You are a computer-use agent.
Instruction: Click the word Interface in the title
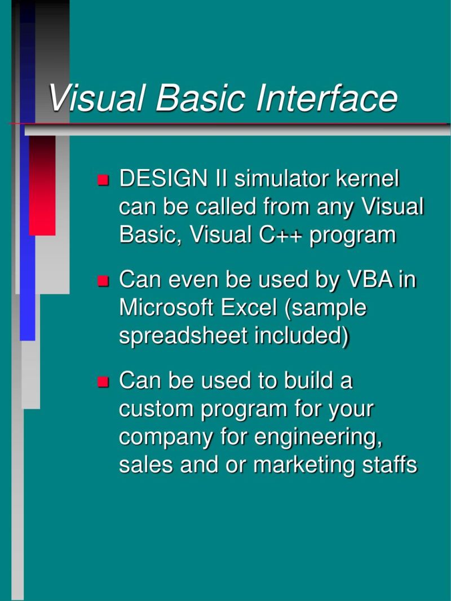pos(326,98)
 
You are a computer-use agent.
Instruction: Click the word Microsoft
pos(166,308)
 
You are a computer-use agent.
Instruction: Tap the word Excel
pos(249,308)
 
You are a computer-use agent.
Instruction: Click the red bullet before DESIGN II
pos(103,181)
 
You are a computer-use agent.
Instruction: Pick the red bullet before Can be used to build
pos(103,382)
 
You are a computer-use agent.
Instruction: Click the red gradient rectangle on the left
pos(42,186)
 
